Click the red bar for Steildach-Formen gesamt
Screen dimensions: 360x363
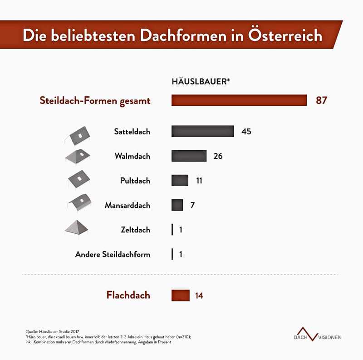239,100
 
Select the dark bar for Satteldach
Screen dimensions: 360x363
202,132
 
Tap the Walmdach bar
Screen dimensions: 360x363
189,156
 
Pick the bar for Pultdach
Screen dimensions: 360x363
180,181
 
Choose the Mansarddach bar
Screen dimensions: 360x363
177,205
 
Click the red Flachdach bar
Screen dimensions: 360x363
180,296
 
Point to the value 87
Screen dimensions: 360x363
321,100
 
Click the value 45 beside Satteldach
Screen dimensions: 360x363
246,132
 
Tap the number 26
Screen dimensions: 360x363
218,156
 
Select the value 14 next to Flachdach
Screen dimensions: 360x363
199,296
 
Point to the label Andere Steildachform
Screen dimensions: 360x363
113,255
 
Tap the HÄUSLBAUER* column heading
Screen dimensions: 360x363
201,82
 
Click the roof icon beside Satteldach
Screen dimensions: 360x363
79,135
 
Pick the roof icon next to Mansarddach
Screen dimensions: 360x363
79,203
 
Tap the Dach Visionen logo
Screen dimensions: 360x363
318,334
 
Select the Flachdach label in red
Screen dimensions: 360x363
128,296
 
